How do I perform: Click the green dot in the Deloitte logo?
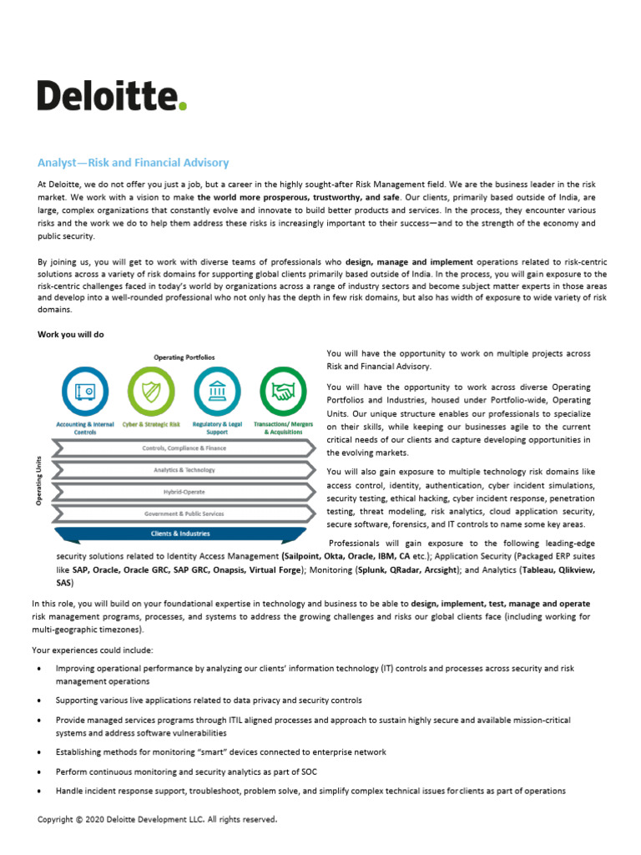(183, 106)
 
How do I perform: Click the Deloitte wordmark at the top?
(109, 95)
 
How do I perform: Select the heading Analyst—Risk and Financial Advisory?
(133, 163)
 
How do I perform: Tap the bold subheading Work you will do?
(71, 334)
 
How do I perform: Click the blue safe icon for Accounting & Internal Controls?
(85, 390)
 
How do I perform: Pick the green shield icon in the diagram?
(151, 390)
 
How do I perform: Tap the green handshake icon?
(283, 390)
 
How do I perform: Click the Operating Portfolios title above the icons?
(184, 357)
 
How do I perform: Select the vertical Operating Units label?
(39, 480)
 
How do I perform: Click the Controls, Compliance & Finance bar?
(184, 448)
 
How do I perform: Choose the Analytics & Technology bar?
(184, 470)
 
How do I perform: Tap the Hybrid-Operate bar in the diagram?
(184, 492)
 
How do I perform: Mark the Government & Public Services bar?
(184, 514)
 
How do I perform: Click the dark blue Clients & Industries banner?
(180, 534)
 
